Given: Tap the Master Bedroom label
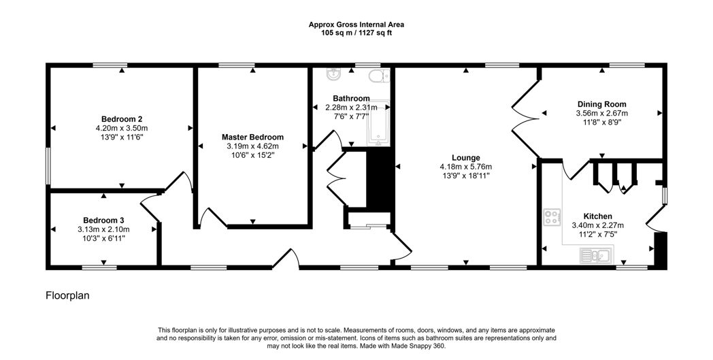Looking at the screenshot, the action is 252,137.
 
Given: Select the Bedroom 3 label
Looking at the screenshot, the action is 103,220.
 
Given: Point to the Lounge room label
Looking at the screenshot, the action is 465,158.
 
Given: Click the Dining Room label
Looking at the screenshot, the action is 601,104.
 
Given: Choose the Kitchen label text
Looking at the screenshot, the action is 597,216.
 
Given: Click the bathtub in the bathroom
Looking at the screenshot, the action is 378,123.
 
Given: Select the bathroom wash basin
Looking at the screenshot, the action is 333,75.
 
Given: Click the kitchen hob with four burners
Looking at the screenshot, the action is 552,217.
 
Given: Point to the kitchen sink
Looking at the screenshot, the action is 597,255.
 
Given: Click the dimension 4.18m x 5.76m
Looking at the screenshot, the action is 465,167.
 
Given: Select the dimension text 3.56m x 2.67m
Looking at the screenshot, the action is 601,114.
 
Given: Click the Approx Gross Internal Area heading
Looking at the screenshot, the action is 356,24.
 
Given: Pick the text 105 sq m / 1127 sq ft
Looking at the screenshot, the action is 356,33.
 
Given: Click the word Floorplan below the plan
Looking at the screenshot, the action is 67,295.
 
